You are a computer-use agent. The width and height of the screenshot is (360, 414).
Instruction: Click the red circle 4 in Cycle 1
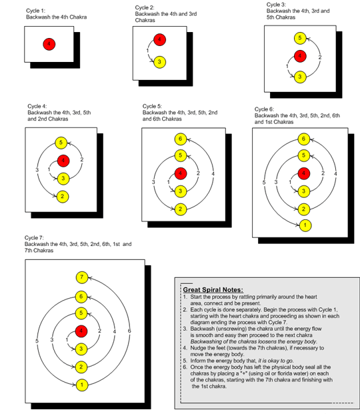pos(47,44)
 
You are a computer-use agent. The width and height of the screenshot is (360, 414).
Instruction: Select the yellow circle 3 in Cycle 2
pos(159,62)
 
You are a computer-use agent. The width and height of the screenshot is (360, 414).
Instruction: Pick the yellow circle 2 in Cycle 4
pos(61,197)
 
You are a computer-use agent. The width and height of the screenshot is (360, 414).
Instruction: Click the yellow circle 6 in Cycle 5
pos(179,139)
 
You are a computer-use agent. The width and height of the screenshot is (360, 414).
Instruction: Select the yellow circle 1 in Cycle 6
pos(305,225)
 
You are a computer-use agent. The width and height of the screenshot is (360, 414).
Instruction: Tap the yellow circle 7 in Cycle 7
pos(81,277)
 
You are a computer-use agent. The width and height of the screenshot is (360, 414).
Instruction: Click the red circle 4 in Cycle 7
pos(81,331)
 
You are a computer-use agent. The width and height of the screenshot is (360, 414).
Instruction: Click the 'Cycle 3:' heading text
pos(277,5)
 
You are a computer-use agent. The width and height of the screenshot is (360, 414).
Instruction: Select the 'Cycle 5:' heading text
pos(153,105)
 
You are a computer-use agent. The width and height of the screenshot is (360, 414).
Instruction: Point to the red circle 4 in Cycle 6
pos(305,173)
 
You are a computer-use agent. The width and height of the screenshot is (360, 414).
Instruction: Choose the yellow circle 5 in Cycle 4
pos(61,142)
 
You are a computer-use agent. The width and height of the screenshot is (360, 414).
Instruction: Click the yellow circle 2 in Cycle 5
pos(179,209)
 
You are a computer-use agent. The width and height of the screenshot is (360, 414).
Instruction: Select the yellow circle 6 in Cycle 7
pos(81,295)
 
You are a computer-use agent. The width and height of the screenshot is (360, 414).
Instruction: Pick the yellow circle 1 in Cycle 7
pos(81,385)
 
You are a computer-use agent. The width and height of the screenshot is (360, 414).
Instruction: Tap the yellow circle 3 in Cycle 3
pos(300,77)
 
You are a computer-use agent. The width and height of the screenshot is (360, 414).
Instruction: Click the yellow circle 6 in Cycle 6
pos(305,139)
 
